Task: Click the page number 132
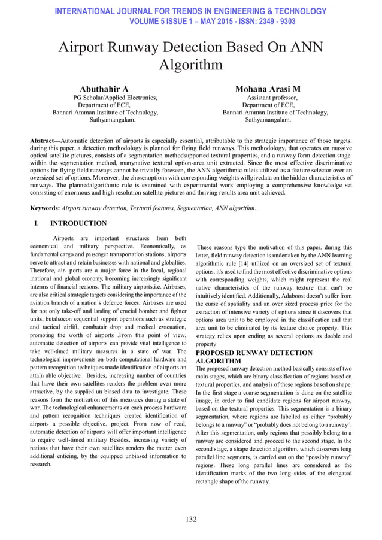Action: click(191, 519)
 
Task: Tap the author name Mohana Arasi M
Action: click(268, 89)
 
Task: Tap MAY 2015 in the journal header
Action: click(211, 21)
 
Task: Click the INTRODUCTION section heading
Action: click(78, 223)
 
